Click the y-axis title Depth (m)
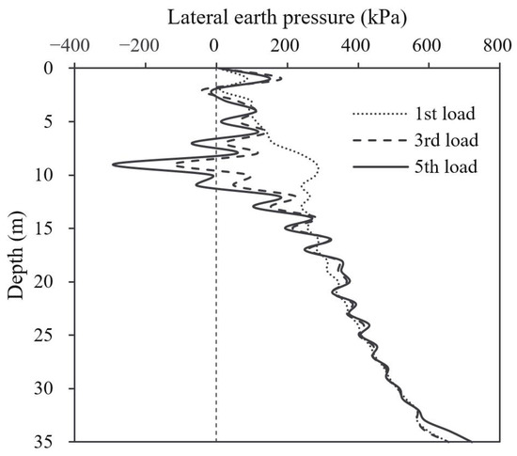[16, 254]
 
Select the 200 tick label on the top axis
[286, 44]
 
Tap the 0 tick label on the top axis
[215, 44]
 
